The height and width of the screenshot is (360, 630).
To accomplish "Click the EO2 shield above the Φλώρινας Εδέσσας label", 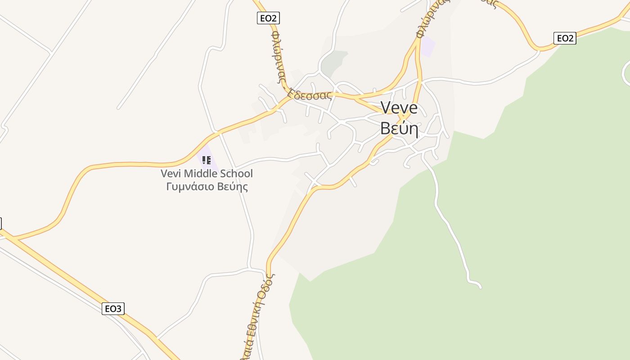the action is (268, 18).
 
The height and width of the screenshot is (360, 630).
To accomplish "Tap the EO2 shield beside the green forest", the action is (564, 38).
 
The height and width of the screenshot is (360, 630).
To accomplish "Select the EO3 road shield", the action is (113, 309).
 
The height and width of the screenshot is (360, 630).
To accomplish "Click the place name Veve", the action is (399, 108).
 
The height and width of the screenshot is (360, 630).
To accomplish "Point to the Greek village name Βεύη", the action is (399, 128).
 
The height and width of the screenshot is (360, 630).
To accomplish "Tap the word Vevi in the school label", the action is (171, 174).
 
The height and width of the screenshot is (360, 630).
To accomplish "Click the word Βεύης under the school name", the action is (233, 187).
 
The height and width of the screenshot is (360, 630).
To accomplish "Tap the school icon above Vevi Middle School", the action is (207, 160).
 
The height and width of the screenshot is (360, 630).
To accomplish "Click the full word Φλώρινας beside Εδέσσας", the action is (278, 56).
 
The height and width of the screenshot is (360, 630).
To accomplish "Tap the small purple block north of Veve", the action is (427, 46).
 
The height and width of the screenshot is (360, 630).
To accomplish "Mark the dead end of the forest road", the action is (480, 286).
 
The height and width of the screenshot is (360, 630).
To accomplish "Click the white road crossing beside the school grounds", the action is (219, 132).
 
